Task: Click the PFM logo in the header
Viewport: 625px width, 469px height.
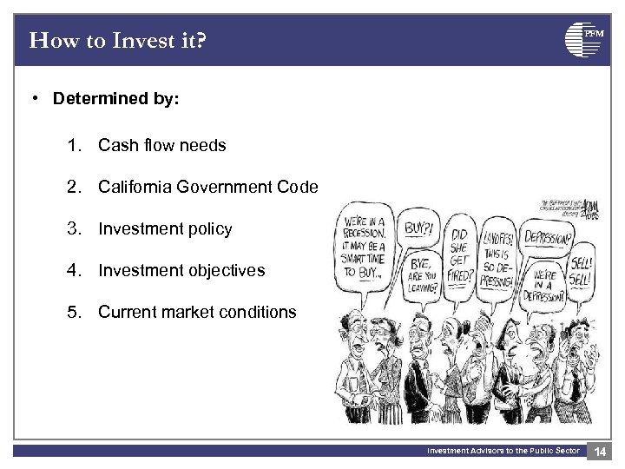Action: [x=583, y=39]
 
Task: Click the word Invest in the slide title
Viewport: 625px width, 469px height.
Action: [x=113, y=40]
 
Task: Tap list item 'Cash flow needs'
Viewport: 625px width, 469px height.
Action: [x=161, y=146]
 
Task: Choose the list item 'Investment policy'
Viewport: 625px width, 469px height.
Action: [x=165, y=229]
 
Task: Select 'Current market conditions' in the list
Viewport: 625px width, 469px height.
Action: [x=197, y=312]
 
